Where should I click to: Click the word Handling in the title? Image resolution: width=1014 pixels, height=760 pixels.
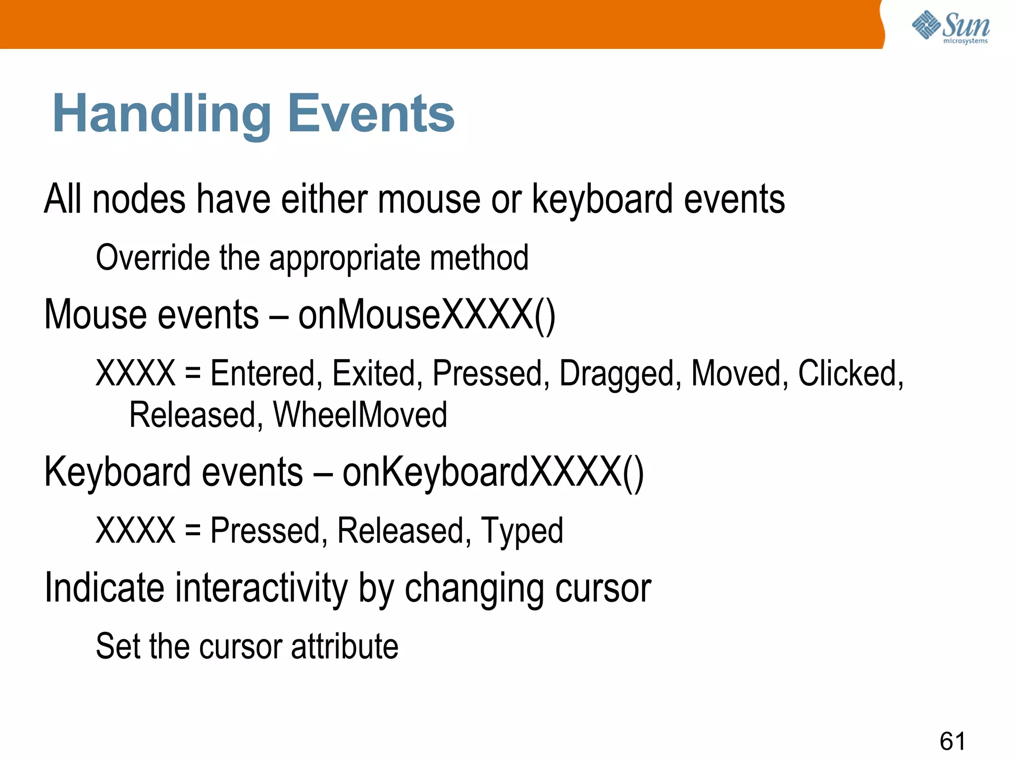pos(161,114)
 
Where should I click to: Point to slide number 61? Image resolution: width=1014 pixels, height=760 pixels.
pos(952,741)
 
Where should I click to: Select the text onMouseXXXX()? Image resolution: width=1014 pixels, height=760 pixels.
pos(427,315)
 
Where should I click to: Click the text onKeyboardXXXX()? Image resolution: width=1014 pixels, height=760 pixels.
pos(493,473)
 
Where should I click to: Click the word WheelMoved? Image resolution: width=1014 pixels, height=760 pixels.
pos(360,415)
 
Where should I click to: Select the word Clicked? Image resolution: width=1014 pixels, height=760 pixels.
pos(851,374)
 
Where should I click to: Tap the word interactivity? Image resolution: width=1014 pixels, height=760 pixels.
pos(262,588)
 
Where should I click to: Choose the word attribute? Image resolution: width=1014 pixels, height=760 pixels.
pos(345,647)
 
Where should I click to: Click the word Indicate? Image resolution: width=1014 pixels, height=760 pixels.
pos(104,588)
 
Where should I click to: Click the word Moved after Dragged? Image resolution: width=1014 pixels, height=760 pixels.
pos(739,374)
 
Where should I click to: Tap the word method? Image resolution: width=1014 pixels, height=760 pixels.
pos(479,258)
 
